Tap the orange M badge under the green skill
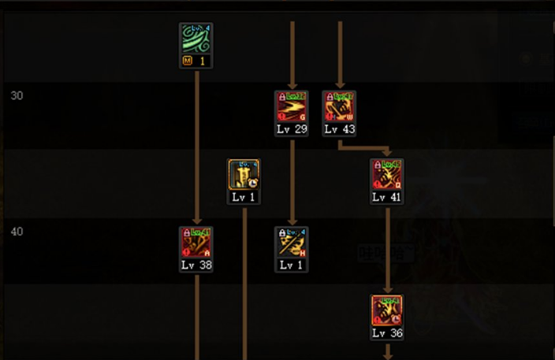188,61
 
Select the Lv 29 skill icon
292,106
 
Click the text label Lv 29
292,128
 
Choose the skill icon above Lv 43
340,106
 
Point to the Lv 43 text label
340,128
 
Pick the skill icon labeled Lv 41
387,174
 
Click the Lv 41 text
387,197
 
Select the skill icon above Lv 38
196,243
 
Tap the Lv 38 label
196,265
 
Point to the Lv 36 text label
387,333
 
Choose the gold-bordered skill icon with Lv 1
244,174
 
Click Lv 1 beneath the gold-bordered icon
244,197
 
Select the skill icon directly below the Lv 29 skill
292,243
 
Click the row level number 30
17,96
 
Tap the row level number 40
17,232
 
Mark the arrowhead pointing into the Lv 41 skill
387,153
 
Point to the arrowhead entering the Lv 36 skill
387,290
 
